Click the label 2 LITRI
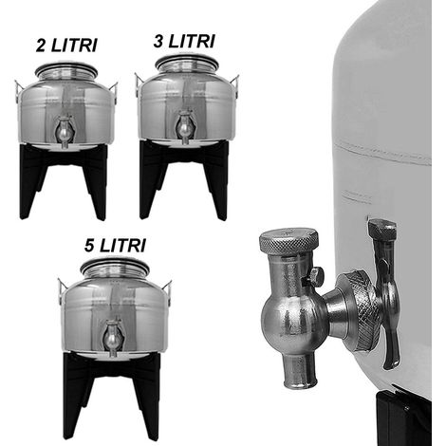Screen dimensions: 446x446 (66, 46)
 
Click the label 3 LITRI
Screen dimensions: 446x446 (184, 42)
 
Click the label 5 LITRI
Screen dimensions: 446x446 (115, 246)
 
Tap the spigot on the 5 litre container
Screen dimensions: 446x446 (112, 338)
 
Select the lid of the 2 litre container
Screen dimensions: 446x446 (66, 70)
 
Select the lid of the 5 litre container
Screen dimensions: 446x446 (115, 268)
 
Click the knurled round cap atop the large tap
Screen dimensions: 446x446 (288, 240)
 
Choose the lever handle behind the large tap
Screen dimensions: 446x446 (385, 292)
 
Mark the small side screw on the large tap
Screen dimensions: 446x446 (315, 276)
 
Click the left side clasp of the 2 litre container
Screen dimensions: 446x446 (18, 92)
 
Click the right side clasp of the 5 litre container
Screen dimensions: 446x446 (168, 291)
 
